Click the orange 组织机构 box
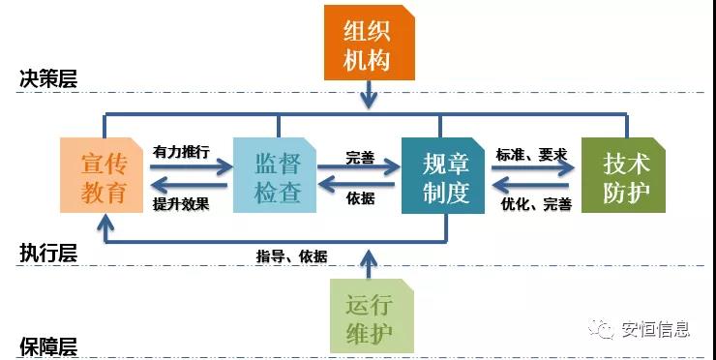(x=368, y=45)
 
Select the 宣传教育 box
(x=104, y=176)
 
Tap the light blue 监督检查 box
(x=276, y=176)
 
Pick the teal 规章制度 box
(x=444, y=176)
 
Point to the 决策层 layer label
(x=47, y=79)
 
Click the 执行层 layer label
(x=47, y=254)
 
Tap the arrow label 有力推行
(x=181, y=152)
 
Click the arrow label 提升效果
(x=181, y=204)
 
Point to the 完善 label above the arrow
(x=359, y=154)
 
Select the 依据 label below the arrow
(x=359, y=199)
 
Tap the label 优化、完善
(x=536, y=204)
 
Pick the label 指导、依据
(x=291, y=256)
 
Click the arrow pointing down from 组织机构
(x=368, y=95)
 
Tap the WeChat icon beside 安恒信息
(x=604, y=329)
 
